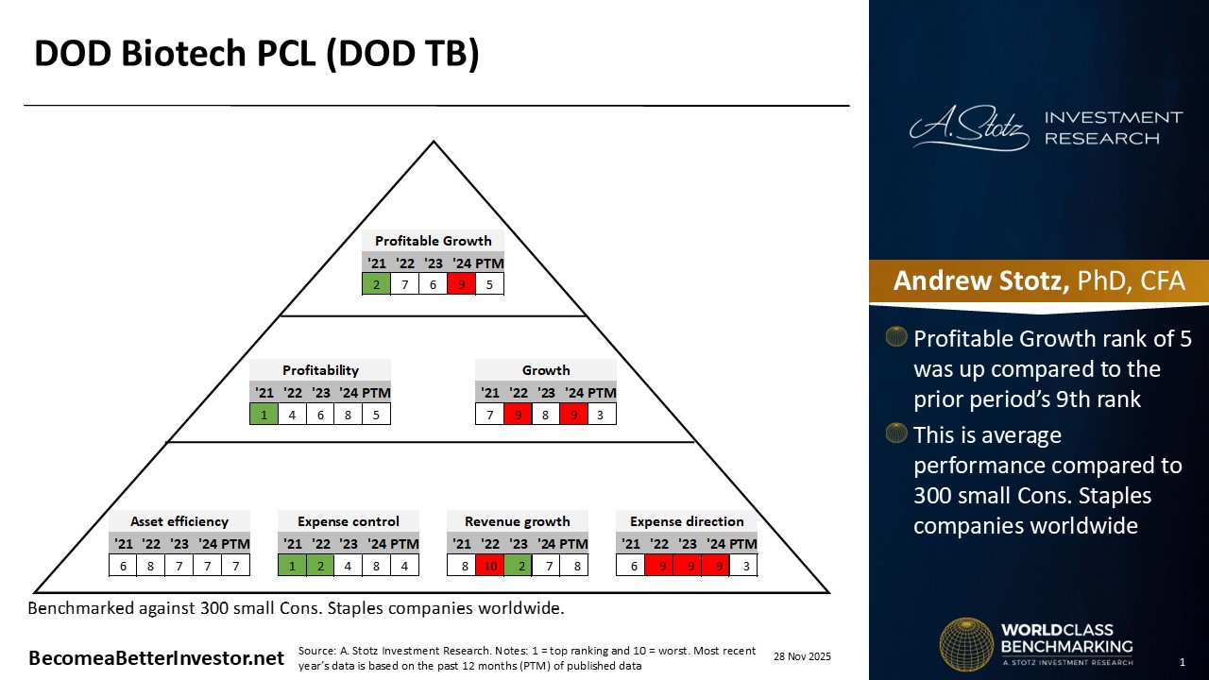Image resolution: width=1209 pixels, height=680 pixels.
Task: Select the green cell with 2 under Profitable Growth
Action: point(376,283)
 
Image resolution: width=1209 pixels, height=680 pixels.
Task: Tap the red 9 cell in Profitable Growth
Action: point(461,283)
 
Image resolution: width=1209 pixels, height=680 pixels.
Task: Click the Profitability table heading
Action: point(320,370)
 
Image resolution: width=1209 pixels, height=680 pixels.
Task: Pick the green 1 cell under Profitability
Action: point(264,413)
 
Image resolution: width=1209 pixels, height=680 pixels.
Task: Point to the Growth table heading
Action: point(546,370)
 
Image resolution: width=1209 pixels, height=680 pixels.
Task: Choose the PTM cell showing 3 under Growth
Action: point(602,413)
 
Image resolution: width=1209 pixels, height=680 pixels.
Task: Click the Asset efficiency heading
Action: point(179,521)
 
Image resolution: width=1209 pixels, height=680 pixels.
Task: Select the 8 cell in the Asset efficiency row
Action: point(151,566)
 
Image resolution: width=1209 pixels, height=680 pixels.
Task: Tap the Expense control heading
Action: point(349,521)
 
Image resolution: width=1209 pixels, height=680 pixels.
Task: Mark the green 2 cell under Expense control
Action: point(320,566)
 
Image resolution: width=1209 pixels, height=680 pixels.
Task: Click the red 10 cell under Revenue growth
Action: point(489,566)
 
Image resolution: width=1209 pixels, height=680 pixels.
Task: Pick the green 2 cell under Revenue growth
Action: point(518,566)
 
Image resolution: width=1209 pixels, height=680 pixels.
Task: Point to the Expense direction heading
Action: point(687,521)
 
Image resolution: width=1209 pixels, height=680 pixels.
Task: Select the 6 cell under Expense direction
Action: point(630,566)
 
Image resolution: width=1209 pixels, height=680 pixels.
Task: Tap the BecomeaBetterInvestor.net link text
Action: point(156,658)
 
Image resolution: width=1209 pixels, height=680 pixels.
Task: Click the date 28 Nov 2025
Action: point(802,656)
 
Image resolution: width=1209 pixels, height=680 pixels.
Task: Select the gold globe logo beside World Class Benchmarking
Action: point(966,645)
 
